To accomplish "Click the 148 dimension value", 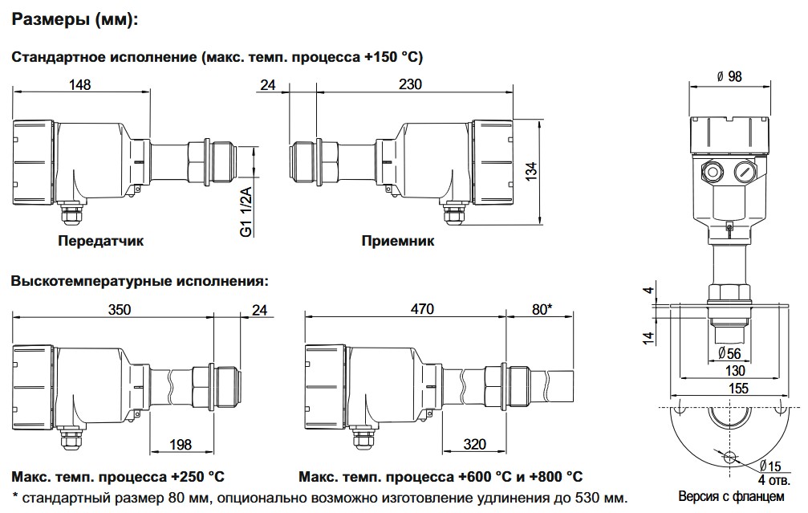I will [x=80, y=84].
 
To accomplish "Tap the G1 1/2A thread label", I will [x=246, y=211].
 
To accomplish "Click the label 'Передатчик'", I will [x=95, y=240].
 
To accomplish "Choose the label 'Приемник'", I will [x=398, y=240].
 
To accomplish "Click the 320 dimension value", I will [x=474, y=444].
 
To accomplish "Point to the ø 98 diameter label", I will [x=728, y=75].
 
